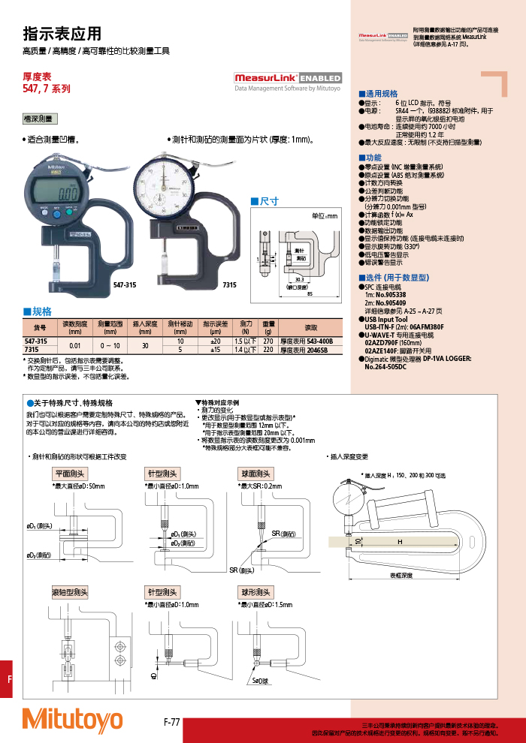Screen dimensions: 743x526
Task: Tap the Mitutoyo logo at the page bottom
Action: [x=72, y=720]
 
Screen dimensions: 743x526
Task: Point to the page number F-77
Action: [x=171, y=722]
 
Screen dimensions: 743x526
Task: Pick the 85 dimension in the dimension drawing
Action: [x=310, y=293]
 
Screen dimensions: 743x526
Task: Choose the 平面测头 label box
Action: [x=70, y=474]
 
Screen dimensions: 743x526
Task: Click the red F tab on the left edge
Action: [x=10, y=679]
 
